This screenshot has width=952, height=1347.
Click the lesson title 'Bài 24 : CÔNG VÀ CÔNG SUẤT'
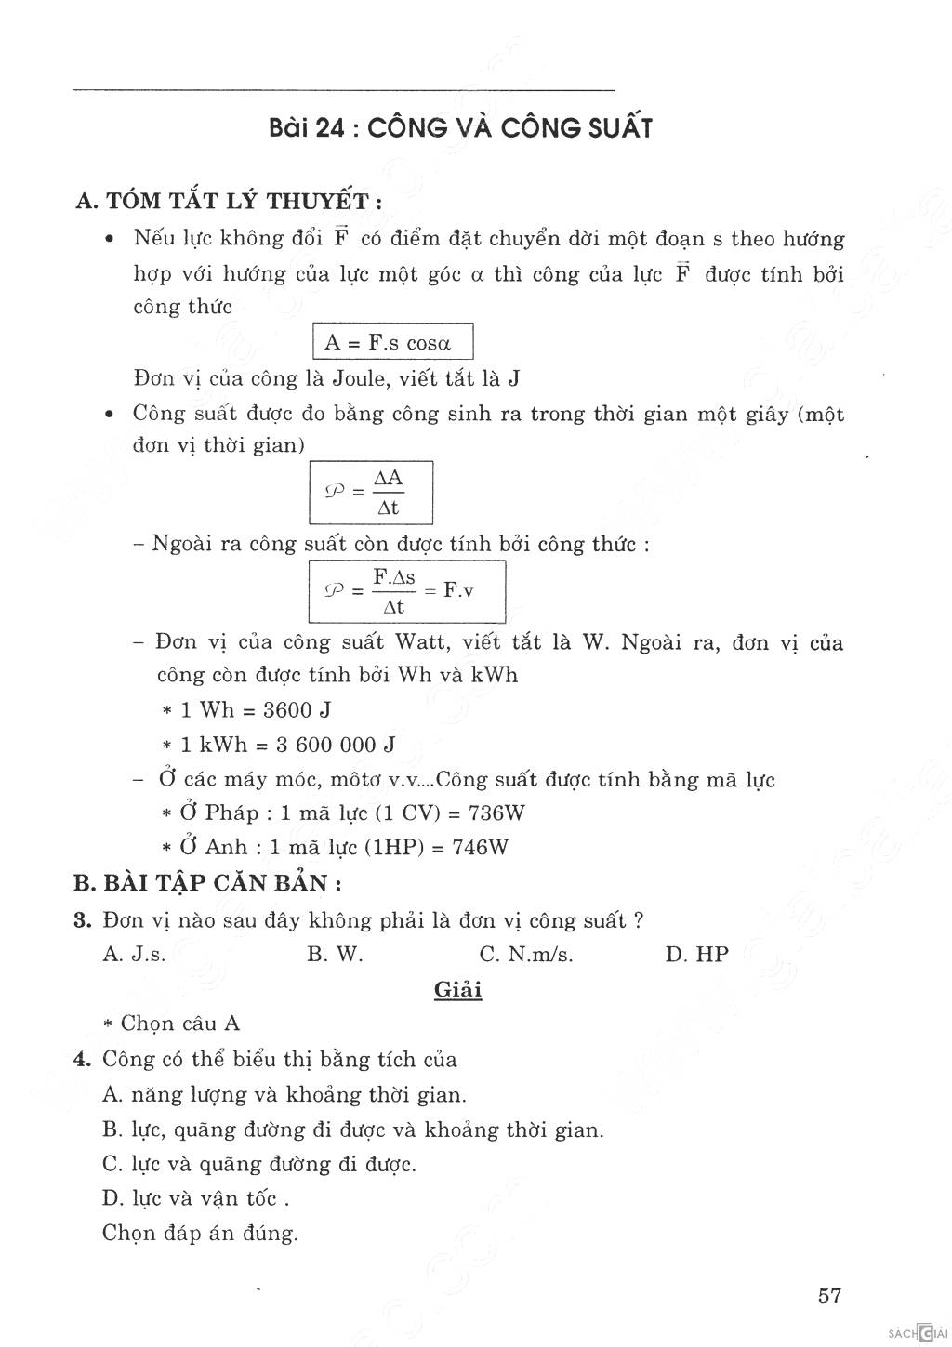pos(459,128)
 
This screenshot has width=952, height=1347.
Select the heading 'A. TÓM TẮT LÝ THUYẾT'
pos(229,202)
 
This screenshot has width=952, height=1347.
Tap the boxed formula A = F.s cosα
pos(393,342)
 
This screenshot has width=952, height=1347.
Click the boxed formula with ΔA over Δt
pos(371,493)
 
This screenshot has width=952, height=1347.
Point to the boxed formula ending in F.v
pos(407,592)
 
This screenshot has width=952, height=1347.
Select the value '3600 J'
pos(297,710)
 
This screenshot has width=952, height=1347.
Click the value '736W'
pos(497,813)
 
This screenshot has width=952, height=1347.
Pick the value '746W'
pos(480,848)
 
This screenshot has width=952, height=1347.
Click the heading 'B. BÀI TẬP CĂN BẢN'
pos(209,883)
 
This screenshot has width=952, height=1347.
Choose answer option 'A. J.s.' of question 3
pos(135,955)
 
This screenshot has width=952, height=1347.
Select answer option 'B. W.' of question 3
pos(335,955)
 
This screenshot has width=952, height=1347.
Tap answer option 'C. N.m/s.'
pos(526,955)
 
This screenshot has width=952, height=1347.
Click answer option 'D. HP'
pos(697,955)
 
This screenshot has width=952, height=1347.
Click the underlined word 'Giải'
pos(458,989)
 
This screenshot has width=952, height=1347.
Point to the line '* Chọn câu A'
pos(172,1023)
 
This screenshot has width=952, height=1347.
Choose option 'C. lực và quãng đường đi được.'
pos(259,1164)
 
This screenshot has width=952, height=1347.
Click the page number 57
pos(829,1296)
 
